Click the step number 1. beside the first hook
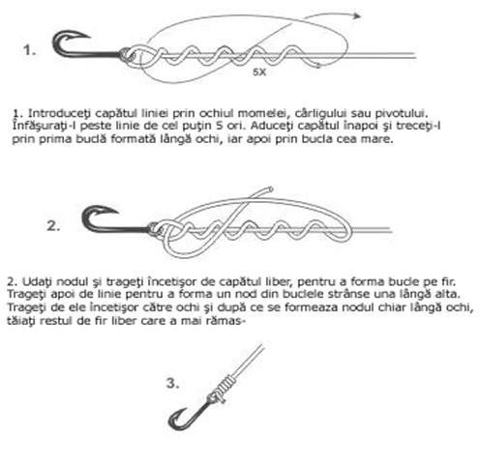click(29, 50)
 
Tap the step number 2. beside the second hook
click(53, 226)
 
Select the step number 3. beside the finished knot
click(173, 384)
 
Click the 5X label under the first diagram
click(259, 73)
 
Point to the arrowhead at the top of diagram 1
click(356, 15)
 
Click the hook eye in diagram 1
click(128, 54)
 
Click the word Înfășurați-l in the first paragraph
click(44, 126)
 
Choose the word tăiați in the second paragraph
click(20, 321)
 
